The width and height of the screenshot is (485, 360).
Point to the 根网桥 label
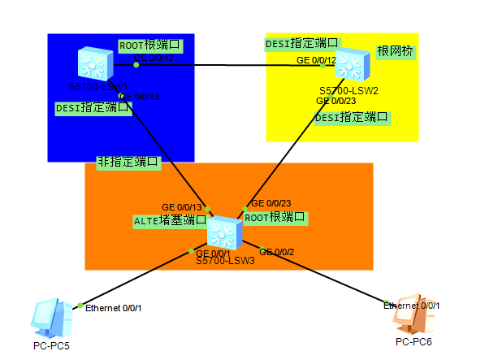pyautogui.click(x=395, y=50)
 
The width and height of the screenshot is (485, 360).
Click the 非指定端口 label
pyautogui.click(x=128, y=162)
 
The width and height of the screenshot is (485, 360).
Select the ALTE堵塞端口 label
pyautogui.click(x=170, y=219)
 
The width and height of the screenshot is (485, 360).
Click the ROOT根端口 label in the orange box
pyautogui.click(x=275, y=217)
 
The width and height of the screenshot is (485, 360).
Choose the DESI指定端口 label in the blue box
pyautogui.click(x=93, y=107)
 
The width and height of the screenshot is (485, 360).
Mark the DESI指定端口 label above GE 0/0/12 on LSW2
pyautogui.click(x=302, y=42)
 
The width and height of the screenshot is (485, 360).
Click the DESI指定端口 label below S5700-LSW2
pyautogui.click(x=352, y=117)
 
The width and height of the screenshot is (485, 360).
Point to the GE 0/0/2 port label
pyautogui.click(x=278, y=251)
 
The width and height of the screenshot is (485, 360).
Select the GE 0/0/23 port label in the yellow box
pyautogui.click(x=336, y=100)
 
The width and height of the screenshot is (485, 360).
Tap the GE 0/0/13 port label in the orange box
pyautogui.click(x=181, y=207)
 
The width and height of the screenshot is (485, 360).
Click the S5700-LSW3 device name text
pyautogui.click(x=225, y=261)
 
